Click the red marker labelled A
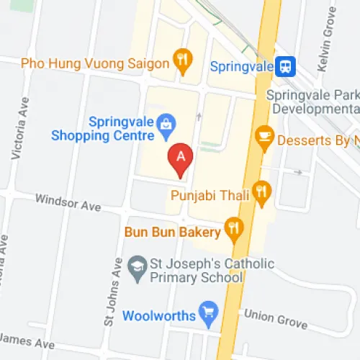[180, 160]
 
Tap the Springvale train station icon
[287, 66]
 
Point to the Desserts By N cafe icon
[264, 135]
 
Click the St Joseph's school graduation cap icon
[135, 266]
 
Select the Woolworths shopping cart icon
[209, 313]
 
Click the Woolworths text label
[158, 315]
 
